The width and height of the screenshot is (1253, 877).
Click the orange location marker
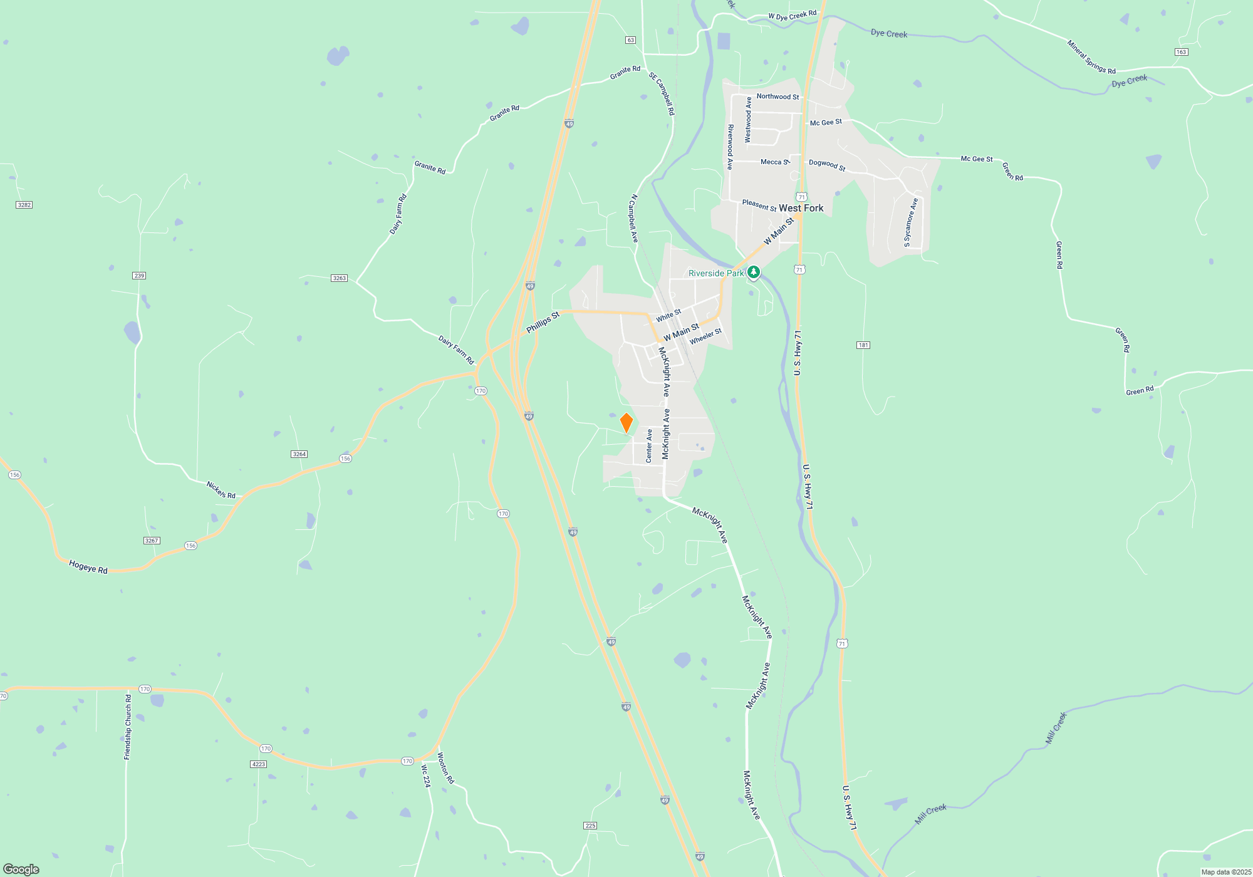point(626,423)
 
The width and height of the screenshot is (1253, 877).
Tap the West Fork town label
point(801,208)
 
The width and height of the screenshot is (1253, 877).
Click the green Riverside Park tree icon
point(754,272)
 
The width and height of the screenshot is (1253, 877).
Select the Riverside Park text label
point(715,273)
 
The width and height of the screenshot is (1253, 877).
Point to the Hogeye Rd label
point(88,567)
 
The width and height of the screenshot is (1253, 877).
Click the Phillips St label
point(543,323)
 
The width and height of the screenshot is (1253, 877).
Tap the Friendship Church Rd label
point(128,727)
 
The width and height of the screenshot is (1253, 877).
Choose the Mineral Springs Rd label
point(1091,57)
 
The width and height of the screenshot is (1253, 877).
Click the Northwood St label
point(777,96)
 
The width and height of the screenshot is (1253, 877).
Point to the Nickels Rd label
point(221,490)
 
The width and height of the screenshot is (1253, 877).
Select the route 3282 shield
point(24,205)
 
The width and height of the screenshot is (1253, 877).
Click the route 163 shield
point(1181,52)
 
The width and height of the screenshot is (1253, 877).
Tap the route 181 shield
point(863,345)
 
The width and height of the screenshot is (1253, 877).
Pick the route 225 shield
point(590,826)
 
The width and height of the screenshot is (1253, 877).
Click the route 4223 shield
point(258,764)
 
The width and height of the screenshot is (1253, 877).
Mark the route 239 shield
point(139,276)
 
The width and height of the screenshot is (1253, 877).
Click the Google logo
point(21,869)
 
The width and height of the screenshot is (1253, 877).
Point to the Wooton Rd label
point(445,768)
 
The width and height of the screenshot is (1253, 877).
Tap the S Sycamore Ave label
point(910,222)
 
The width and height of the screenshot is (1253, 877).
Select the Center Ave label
point(649,445)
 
